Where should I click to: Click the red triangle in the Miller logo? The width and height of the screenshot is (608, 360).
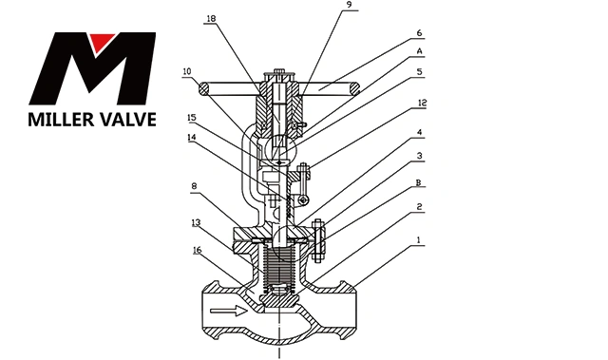[102, 41]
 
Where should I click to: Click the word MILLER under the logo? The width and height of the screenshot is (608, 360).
[59, 120]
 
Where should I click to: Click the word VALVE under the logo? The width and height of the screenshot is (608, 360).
[126, 120]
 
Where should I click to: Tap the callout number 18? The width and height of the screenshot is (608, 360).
[211, 18]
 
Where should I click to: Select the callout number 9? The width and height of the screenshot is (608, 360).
[348, 4]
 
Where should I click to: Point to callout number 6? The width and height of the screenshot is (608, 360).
[419, 33]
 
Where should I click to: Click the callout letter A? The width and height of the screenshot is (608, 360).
[419, 51]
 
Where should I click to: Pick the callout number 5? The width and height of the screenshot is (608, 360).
[419, 71]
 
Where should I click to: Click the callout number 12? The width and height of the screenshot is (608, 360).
[422, 103]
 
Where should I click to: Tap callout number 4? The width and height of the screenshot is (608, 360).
[419, 132]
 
